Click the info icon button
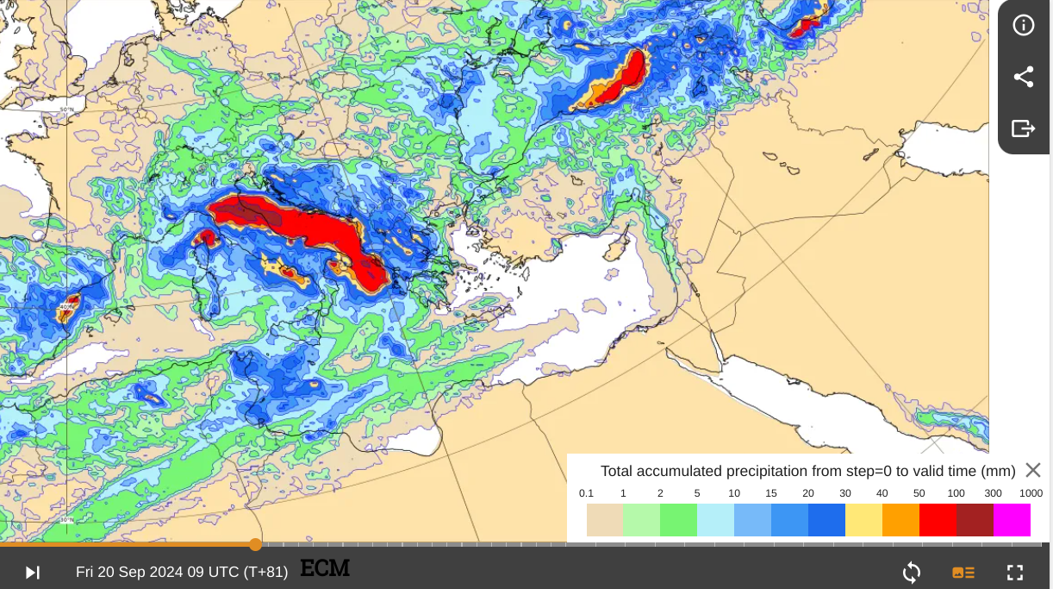point(1023,25)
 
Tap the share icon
point(1023,77)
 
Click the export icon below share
point(1023,128)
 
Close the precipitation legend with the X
point(1033,470)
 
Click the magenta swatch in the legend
point(1012,520)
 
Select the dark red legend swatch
point(975,520)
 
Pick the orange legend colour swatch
point(900,520)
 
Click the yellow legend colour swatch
point(863,520)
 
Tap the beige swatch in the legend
point(605,520)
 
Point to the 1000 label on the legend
point(1031,493)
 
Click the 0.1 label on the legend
point(587,493)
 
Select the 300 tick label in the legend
point(994,493)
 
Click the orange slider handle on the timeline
point(255,544)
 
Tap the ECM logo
point(325,568)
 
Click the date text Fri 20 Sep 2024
point(140,572)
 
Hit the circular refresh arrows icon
point(912,572)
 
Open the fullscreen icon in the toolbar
point(1015,572)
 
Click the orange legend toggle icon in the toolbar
point(963,572)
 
